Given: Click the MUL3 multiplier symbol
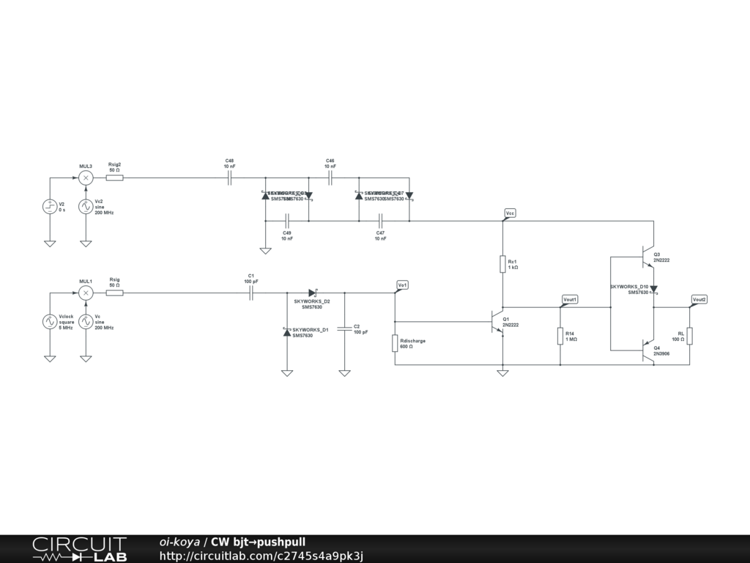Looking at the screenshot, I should tap(86, 177).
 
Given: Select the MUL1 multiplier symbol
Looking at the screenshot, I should tap(86, 293).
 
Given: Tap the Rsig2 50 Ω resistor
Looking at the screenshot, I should tap(114, 177).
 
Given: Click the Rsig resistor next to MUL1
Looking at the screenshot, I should tap(114, 293).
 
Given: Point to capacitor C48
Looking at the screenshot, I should tap(230, 177).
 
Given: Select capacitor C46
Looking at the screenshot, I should tap(330, 177).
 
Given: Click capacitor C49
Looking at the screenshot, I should tap(287, 221).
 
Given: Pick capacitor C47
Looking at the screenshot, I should tap(380, 221).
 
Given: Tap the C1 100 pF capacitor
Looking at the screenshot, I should tap(251, 293).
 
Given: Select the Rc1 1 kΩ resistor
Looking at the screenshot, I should tap(502, 264).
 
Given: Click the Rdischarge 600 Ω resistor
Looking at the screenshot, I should tap(395, 343).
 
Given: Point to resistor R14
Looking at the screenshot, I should tap(560, 336).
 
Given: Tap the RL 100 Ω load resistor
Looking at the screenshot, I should tap(689, 336).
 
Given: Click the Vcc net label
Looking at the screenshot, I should tap(510, 213).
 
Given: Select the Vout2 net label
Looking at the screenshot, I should tap(699, 299).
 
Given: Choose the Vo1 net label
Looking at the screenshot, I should tap(402, 284).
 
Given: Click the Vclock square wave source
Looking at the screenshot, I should tap(50, 321).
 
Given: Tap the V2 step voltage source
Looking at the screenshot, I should tap(50, 206).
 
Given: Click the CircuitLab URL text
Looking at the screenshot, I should tap(261, 556).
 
